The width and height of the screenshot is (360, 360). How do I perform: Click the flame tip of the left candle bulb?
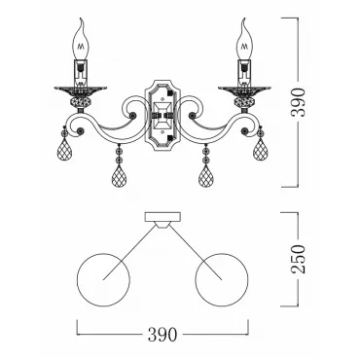[x=82, y=18]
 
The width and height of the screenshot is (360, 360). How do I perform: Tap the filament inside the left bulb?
[x=81, y=46]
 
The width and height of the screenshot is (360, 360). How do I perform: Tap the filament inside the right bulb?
[x=245, y=46]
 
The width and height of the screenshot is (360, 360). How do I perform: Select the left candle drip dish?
[x=81, y=90]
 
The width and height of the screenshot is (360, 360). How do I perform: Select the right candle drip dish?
[x=244, y=90]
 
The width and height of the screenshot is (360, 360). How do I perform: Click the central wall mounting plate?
[x=162, y=116]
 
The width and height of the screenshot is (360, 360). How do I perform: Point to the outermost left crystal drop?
[x=64, y=149]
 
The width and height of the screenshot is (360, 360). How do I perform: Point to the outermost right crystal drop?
[x=261, y=149]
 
